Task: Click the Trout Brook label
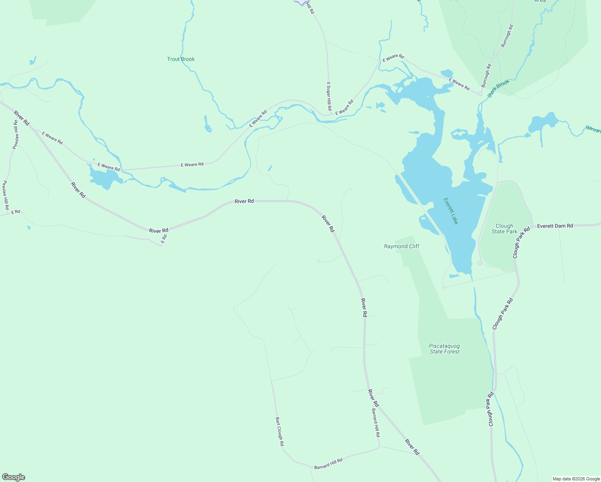point(181,59)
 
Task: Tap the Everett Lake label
point(451,211)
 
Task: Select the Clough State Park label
point(504,229)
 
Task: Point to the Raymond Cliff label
point(402,246)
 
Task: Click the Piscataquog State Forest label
point(444,349)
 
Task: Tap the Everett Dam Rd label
point(555,226)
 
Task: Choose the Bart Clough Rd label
point(280,432)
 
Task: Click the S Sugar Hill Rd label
point(329,96)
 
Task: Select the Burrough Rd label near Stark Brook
point(487,76)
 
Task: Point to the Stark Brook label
point(498,88)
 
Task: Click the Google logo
point(14,477)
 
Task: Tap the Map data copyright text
point(576,479)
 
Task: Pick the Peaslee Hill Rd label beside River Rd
point(15,134)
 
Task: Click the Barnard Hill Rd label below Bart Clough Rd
point(328,464)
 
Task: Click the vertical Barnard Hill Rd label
point(375,423)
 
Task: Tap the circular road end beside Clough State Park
point(479,263)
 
